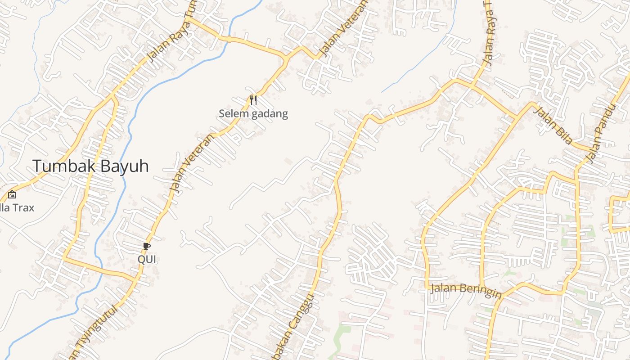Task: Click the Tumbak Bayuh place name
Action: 90,166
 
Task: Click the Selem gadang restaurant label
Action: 253,113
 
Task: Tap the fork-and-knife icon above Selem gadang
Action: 253,100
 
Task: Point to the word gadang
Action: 270,114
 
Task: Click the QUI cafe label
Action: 147,259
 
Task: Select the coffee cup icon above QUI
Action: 147,246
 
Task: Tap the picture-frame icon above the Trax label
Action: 12,194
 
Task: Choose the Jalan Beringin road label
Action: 465,290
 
